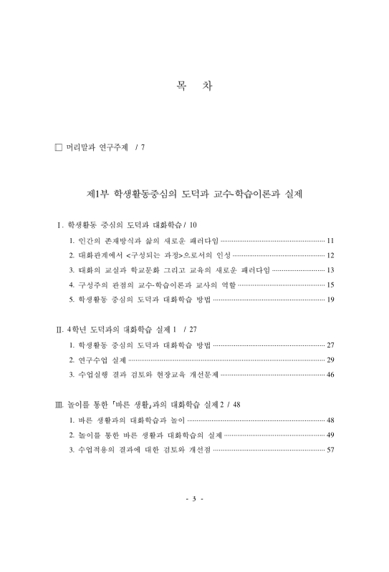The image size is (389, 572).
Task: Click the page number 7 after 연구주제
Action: (x=144, y=148)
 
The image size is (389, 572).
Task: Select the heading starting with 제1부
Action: (x=193, y=194)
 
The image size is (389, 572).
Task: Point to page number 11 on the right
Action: (x=330, y=241)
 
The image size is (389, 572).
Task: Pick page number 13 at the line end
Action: (x=330, y=270)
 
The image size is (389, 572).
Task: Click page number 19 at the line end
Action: (x=330, y=299)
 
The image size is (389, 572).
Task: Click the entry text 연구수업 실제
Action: (x=101, y=360)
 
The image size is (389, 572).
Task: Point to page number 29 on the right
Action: (x=330, y=360)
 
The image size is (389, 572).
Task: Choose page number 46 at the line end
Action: (x=330, y=374)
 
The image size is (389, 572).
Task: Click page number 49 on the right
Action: (x=330, y=435)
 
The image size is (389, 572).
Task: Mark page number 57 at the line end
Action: (x=330, y=449)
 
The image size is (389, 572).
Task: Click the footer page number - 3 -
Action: (x=194, y=498)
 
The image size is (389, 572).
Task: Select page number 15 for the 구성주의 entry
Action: (x=330, y=285)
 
